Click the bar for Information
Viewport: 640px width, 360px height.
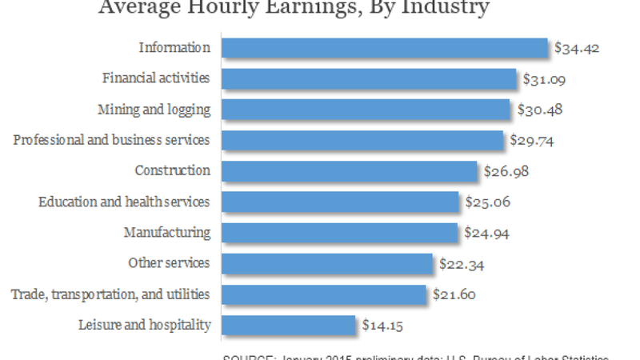(384, 48)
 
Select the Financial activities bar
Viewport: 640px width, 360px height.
(369, 78)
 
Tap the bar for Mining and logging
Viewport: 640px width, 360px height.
(366, 110)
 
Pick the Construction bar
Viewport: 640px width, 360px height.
(350, 171)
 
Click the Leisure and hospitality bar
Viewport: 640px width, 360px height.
(288, 325)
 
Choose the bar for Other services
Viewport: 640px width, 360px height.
(327, 263)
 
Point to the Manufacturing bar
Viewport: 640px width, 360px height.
(340, 233)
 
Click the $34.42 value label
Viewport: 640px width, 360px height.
(577, 48)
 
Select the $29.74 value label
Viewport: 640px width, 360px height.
(532, 141)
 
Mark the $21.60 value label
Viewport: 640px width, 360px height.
(454, 294)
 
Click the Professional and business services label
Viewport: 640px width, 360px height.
(112, 140)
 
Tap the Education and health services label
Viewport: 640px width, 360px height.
(124, 202)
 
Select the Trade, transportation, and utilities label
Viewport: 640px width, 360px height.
(110, 294)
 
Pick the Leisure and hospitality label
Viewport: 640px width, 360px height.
(145, 325)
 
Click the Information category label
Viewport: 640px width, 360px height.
(174, 48)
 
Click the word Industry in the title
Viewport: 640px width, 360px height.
(443, 9)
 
